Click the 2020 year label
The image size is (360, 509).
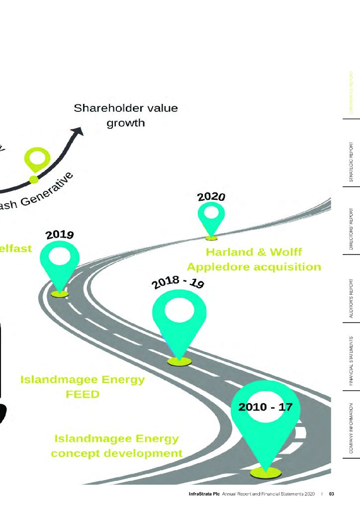tap(212, 196)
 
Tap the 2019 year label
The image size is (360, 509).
tap(60, 234)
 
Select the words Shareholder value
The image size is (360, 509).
tap(125, 108)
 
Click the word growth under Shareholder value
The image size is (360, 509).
tap(126, 122)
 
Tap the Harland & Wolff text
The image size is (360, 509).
tap(254, 252)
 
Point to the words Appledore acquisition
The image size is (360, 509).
tap(254, 267)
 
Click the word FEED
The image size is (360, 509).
tap(83, 394)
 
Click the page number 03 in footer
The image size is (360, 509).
tap(331, 494)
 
